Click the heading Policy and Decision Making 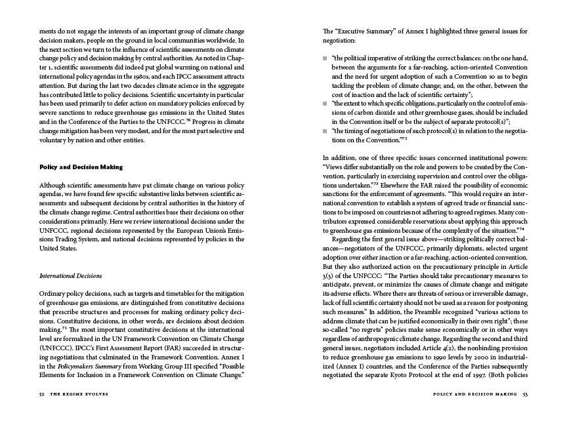(x=81, y=167)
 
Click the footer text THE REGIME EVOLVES (x=77, y=394)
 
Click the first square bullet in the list (x=325, y=59)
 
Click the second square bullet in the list (x=325, y=104)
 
